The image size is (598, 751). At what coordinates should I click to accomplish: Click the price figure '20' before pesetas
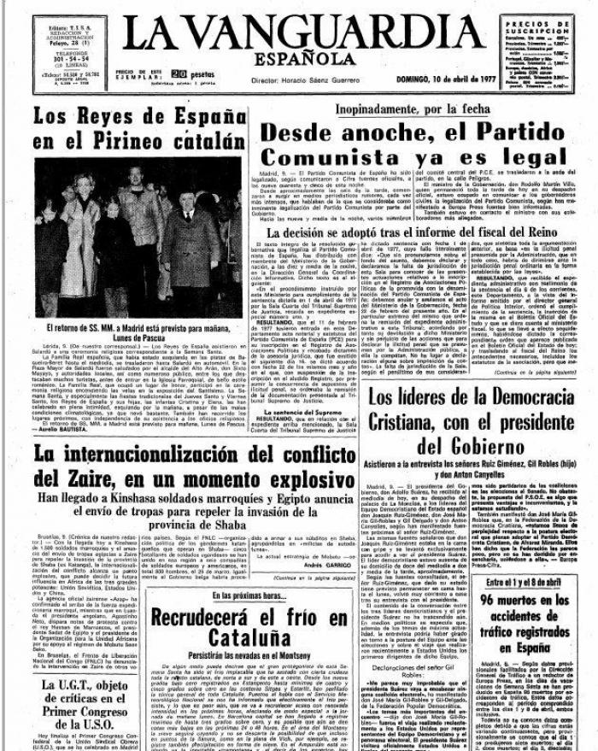[179, 74]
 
